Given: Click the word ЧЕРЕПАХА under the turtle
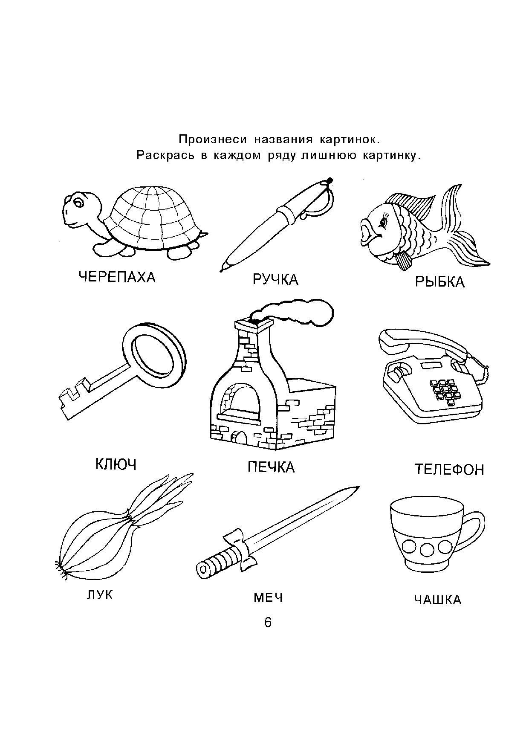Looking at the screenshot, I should tap(117, 278).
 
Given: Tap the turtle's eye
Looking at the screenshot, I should tap(79, 203).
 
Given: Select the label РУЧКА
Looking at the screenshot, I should tap(275, 280).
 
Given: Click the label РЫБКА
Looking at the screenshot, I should tap(439, 282).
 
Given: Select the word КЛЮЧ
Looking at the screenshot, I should tap(116, 464).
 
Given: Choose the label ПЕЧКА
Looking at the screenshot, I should tap(271, 467).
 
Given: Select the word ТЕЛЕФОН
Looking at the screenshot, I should tap(449, 470).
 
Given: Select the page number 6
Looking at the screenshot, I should tap(268, 623).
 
